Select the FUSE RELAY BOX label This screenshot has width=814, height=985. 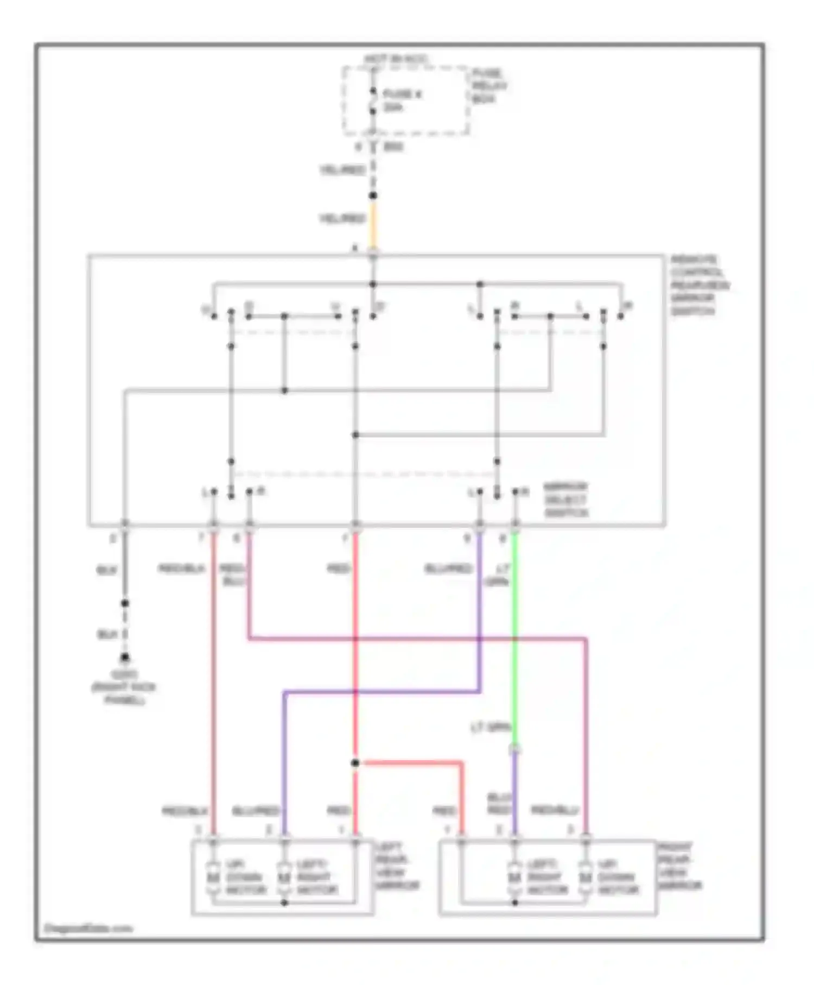click(488, 86)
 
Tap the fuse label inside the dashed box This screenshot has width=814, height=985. click(402, 100)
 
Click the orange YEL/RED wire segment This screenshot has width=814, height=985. click(373, 224)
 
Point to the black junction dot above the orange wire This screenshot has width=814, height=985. click(373, 196)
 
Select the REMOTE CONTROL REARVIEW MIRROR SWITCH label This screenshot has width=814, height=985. click(699, 285)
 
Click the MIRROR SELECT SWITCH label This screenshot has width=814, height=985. click(566, 500)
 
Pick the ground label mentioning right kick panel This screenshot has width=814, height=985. click(124, 687)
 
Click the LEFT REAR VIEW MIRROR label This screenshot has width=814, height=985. click(397, 866)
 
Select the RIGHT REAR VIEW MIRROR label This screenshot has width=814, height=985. click(679, 866)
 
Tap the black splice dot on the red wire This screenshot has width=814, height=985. click(355, 763)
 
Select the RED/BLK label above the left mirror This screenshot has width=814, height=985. click(185, 811)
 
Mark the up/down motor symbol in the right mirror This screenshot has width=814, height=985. click(585, 877)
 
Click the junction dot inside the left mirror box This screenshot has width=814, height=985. click(284, 902)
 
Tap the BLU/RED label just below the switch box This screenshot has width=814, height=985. click(448, 569)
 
